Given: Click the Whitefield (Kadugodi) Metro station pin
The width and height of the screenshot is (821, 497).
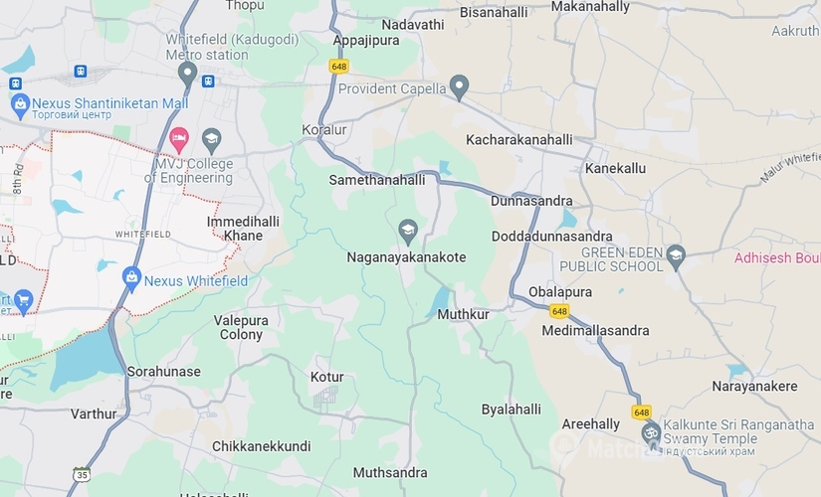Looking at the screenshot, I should pos(186,73).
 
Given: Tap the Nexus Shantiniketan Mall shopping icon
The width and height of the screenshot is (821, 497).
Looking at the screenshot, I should pos(19,102).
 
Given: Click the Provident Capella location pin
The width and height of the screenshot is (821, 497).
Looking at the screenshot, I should pos(459,86).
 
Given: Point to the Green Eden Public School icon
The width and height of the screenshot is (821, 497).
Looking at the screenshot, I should pos(676,253).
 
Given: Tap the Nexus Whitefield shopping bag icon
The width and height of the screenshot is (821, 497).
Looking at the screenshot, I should pos(130,275).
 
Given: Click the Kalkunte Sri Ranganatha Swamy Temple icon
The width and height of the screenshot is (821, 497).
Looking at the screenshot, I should pos(652,433).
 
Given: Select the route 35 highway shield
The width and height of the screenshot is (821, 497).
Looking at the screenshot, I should pos(82,473).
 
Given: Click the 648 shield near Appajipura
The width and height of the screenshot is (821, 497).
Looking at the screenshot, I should pos(339,66).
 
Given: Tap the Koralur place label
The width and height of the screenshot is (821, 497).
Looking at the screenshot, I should pos(324,130).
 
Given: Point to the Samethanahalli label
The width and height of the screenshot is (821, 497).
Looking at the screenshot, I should pos(377,180).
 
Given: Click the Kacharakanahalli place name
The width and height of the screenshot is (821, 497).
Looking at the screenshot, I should pos(519,139).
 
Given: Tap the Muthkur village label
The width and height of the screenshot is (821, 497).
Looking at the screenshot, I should pos(464,314).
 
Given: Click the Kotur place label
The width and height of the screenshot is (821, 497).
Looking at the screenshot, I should pos(326,378).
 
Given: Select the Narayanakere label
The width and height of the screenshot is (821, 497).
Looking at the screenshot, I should pos(754,386).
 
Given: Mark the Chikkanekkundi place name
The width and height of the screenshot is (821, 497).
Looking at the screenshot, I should pos(261,446).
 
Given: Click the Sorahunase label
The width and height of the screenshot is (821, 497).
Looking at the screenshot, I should pos(163,372).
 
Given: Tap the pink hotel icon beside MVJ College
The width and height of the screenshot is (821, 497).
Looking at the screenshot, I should pos(179,136).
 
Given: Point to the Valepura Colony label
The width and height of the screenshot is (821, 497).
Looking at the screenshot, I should pos(241,327).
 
